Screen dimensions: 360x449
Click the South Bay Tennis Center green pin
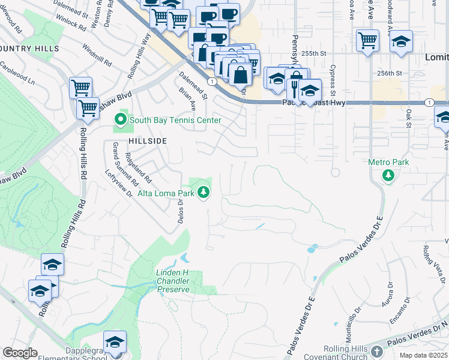(120, 120)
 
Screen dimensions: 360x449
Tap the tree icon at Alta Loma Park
(204, 193)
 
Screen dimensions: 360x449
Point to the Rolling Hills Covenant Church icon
(376, 351)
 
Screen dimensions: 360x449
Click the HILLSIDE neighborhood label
(146, 140)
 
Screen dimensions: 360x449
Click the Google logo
(20, 352)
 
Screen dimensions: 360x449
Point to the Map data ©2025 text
(423, 355)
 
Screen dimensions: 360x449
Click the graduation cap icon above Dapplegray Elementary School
(115, 342)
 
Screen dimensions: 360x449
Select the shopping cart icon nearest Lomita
(367, 41)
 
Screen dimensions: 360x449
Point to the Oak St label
(409, 118)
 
